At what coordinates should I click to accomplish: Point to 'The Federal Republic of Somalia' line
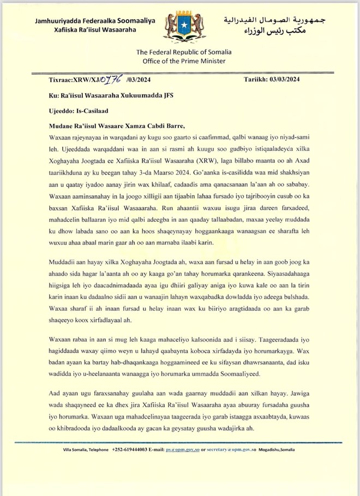tap(184, 51)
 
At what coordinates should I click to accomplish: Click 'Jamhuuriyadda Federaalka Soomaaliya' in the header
tap(95, 21)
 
